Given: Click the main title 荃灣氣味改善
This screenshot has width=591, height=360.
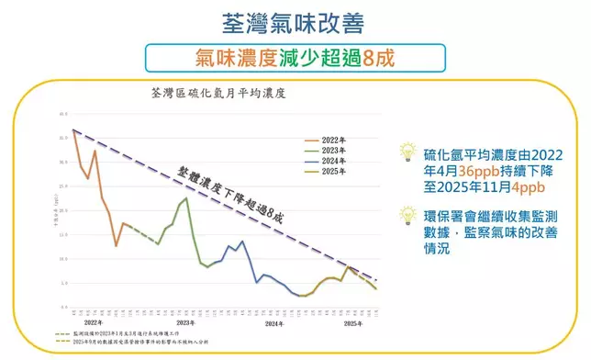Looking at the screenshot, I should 295,21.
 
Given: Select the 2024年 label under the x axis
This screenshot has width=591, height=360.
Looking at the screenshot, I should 273,324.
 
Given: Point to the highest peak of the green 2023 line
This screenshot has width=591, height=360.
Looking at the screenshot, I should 186,198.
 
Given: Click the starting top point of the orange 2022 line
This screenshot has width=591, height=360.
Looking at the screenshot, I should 72,130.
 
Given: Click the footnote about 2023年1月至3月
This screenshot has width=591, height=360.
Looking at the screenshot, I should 138,336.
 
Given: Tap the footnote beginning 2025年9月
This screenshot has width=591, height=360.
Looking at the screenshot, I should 143,345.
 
